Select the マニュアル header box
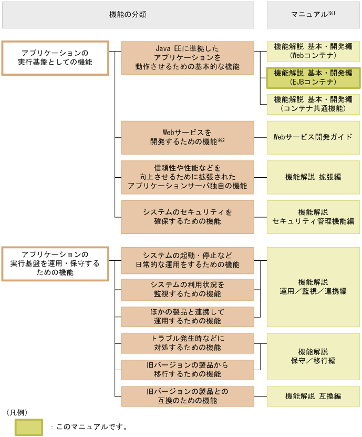click(x=313, y=15)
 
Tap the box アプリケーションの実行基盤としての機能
click(x=55, y=58)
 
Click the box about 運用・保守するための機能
click(x=55, y=263)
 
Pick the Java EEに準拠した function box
click(x=188, y=58)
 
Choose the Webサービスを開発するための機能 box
click(x=188, y=137)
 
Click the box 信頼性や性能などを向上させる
click(x=188, y=177)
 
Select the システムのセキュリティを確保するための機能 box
click(x=188, y=217)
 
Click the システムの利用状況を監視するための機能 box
click(x=188, y=289)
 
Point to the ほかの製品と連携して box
click(x=188, y=317)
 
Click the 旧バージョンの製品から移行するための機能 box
click(x=188, y=370)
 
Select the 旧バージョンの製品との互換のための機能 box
click(x=188, y=397)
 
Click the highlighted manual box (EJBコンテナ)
click(x=313, y=78)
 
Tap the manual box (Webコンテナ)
click(x=313, y=51)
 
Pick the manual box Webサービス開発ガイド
click(x=313, y=137)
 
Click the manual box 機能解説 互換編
click(x=313, y=397)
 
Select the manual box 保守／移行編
click(x=313, y=357)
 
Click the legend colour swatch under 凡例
click(x=28, y=426)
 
